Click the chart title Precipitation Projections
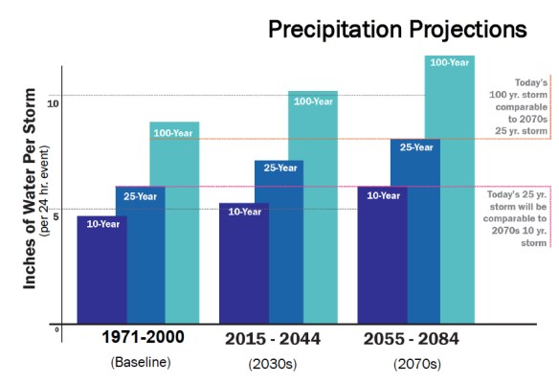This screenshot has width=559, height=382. tap(396, 29)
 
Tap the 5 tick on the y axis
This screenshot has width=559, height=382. tap(56, 216)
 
